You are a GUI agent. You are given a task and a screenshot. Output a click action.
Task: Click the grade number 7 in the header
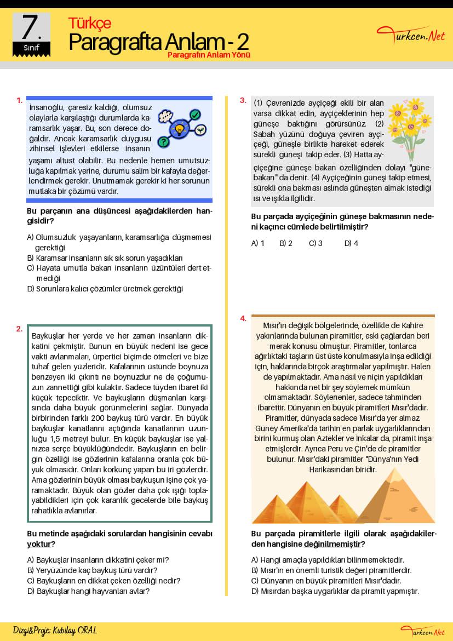pos(31,27)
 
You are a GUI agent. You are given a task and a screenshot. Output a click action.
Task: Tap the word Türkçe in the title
pos(89,23)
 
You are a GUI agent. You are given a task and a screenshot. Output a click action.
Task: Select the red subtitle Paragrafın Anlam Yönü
pos(209,55)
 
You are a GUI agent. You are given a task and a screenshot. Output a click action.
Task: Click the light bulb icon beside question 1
pos(179,129)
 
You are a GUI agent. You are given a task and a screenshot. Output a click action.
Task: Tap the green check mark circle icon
pos(195,115)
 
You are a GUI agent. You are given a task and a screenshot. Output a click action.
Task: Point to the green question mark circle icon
pos(163,142)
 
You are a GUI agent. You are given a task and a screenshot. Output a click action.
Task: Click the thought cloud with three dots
pos(165,116)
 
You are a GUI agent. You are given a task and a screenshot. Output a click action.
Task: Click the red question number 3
pos(243,100)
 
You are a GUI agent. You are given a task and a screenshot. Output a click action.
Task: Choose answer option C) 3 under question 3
pos(316,243)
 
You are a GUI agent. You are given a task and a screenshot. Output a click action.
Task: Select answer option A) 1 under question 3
pos(257,243)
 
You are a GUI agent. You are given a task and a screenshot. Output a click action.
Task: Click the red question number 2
pos(19,329)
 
